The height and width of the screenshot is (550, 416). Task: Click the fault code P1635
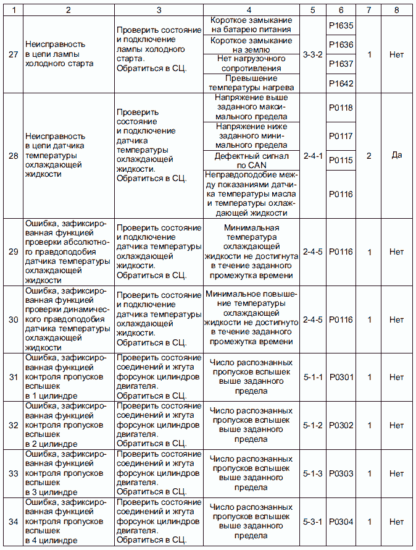[341, 27]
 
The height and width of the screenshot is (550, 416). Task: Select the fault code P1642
[341, 83]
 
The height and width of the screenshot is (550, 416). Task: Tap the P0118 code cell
[341, 108]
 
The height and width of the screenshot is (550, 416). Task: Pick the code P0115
[341, 160]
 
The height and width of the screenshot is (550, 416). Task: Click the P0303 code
[341, 473]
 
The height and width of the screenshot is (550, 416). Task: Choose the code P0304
[341, 522]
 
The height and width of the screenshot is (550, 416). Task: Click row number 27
[13, 54]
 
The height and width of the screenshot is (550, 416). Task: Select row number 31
[13, 377]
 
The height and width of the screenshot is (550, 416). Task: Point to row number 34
[13, 522]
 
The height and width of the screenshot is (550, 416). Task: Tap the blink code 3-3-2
[313, 54]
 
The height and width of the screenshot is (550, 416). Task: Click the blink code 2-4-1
[313, 156]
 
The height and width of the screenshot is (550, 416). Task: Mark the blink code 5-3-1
[313, 522]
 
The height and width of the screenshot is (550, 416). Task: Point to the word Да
[397, 156]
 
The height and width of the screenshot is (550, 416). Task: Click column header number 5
[313, 10]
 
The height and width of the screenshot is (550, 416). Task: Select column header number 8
[397, 10]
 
